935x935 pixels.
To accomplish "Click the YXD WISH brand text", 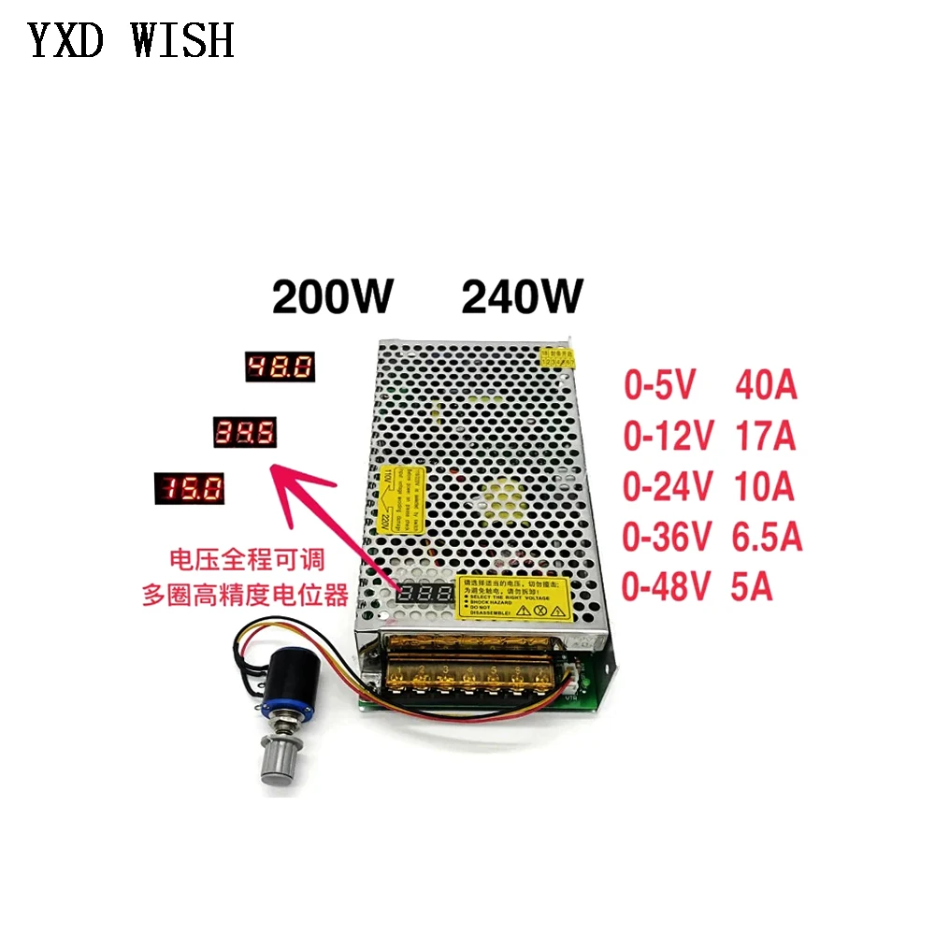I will click(131, 40).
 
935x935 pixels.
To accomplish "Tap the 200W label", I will click(334, 298).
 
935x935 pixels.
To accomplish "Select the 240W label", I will click(523, 298).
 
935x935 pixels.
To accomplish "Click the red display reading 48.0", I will click(280, 367).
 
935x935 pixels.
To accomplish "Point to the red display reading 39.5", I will click(245, 432).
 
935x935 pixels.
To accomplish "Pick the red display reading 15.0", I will click(189, 488).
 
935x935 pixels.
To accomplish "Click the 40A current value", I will click(766, 385).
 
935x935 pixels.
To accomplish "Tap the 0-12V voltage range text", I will click(669, 435).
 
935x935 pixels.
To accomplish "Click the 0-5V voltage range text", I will click(661, 385).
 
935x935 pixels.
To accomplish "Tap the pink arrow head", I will click(285, 476).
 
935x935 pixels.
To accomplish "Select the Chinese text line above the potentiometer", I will click(245, 594).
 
